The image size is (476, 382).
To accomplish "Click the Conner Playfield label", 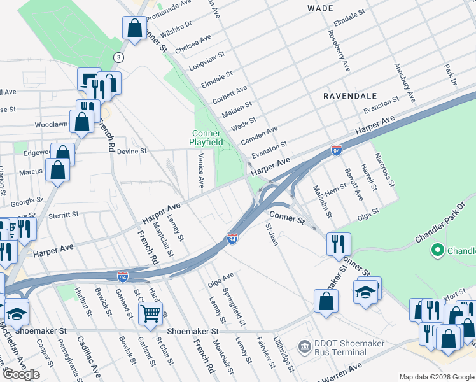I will click(x=207, y=138).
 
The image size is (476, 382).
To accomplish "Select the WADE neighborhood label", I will click(x=320, y=8).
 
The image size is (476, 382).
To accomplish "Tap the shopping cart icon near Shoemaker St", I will click(x=151, y=313).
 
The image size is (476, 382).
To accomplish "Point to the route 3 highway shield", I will click(x=118, y=58).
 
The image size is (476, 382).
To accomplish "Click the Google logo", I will click(x=21, y=374).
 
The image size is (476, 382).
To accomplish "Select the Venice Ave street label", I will click(x=200, y=170).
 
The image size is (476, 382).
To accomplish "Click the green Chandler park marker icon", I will click(x=437, y=250).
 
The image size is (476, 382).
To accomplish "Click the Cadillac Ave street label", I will click(x=87, y=357).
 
